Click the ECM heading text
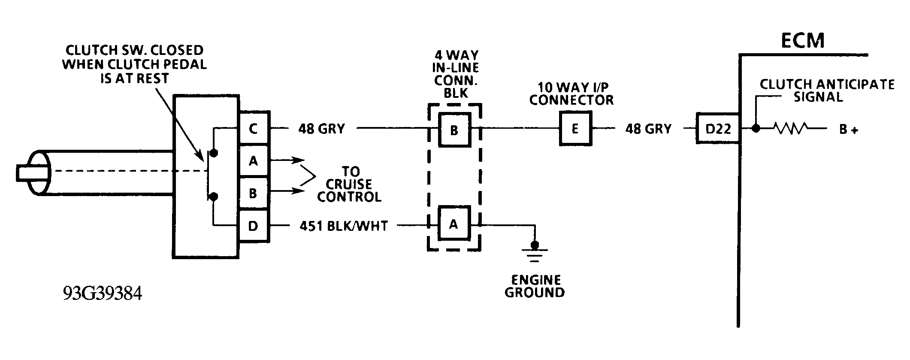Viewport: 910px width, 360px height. [x=802, y=40]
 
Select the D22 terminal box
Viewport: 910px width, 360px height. [x=718, y=128]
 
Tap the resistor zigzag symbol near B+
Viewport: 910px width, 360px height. [x=791, y=128]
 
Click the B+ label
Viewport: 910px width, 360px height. [x=849, y=130]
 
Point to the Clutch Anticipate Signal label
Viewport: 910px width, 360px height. [x=826, y=91]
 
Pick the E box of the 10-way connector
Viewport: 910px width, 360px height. [x=575, y=128]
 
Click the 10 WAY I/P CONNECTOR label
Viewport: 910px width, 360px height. [x=571, y=94]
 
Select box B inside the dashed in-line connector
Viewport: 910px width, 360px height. [x=454, y=130]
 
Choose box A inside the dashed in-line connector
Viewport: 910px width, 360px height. [x=453, y=224]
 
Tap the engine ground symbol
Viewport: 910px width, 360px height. [x=535, y=253]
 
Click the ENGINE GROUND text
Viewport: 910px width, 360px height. [x=535, y=286]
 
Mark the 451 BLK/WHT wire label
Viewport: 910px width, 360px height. [x=344, y=226]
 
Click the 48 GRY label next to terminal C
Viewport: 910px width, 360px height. [x=321, y=128]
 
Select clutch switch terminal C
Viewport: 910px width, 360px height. [x=254, y=128]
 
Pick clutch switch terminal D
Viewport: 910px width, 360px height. [x=254, y=226]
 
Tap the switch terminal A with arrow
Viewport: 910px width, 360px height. [x=254, y=161]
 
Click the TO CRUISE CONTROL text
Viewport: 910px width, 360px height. [x=350, y=185]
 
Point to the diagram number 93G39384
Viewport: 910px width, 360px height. [x=102, y=294]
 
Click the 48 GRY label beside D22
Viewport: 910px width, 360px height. [x=648, y=128]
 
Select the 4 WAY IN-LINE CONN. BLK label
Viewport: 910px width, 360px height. [x=457, y=74]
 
